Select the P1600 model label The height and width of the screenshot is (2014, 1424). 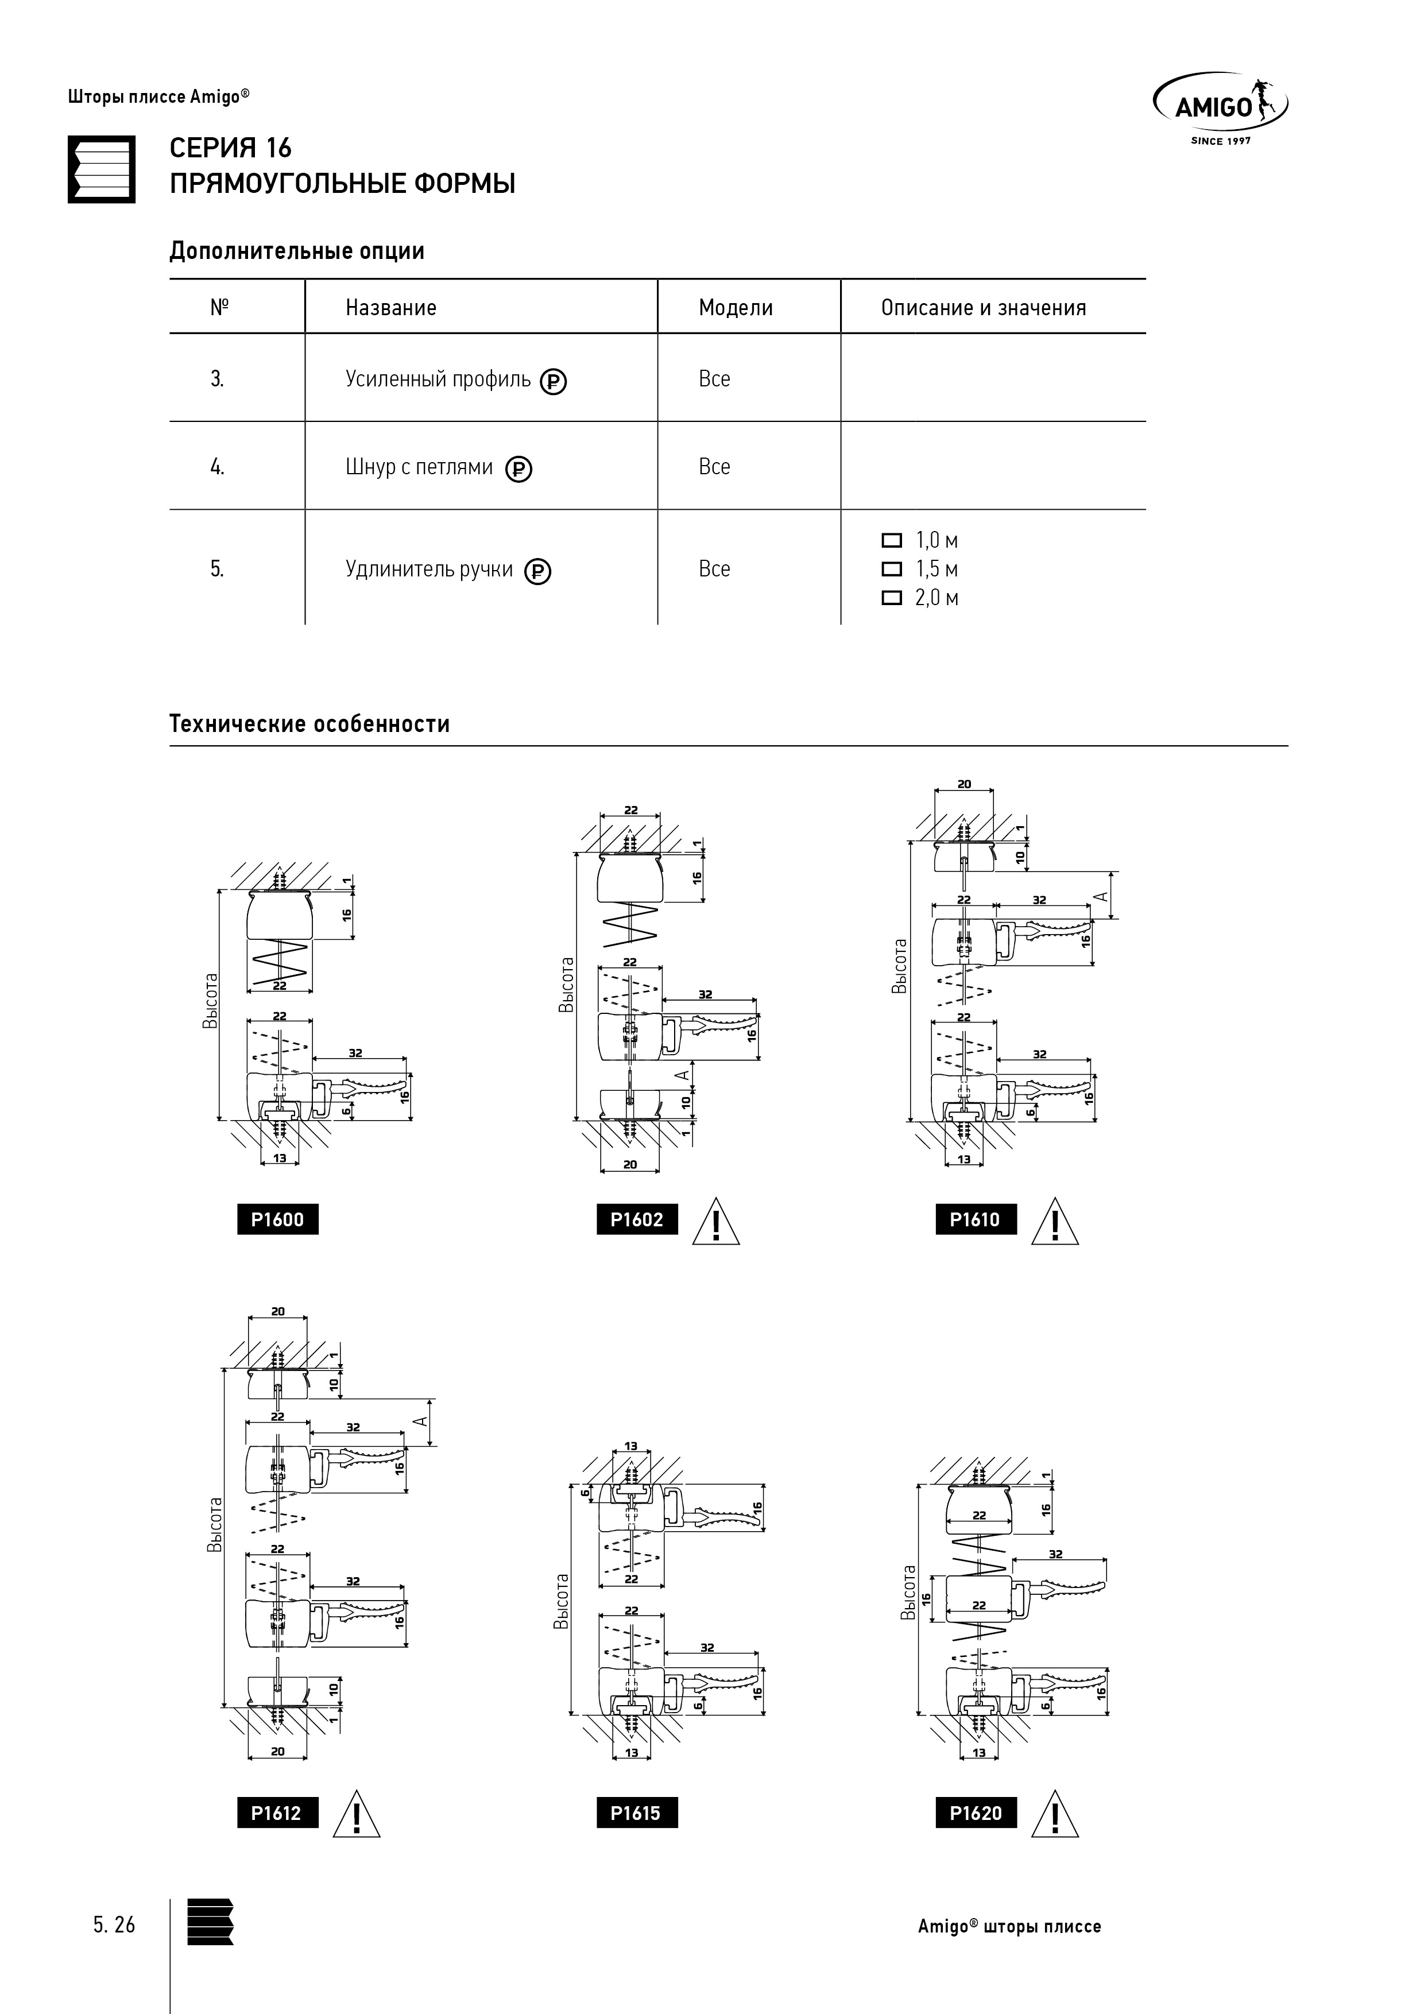(277, 1219)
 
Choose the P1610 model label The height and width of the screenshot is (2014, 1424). (975, 1219)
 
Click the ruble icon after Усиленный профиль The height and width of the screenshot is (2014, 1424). (553, 382)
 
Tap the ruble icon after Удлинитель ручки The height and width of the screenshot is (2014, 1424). (538, 572)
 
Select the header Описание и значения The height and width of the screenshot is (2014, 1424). (984, 308)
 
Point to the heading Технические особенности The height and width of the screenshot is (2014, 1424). (309, 725)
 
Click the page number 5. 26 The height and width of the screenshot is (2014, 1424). (114, 1926)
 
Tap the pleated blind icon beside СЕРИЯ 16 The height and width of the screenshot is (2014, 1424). (102, 169)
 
